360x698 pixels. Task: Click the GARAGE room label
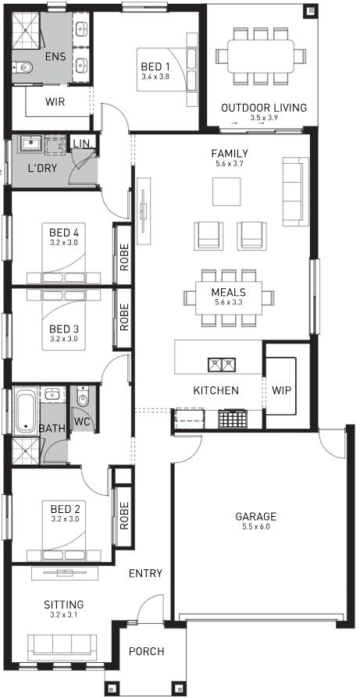click(x=256, y=516)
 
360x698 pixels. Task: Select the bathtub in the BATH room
click(x=26, y=411)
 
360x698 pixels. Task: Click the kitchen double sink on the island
click(x=222, y=365)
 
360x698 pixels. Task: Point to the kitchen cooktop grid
click(x=232, y=419)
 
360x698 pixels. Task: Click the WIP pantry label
click(x=281, y=390)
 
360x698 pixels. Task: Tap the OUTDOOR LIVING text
click(x=264, y=108)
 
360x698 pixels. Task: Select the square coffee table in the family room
click(x=227, y=191)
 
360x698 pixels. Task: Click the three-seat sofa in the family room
click(x=295, y=191)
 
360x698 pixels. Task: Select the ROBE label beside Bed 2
click(x=123, y=516)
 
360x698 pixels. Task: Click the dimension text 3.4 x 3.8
click(x=155, y=77)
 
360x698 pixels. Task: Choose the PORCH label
click(x=146, y=651)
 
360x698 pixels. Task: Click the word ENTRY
click(x=145, y=573)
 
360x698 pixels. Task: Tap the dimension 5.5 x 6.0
click(x=256, y=526)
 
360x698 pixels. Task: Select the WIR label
click(x=55, y=102)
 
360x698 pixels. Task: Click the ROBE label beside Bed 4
click(x=123, y=258)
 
